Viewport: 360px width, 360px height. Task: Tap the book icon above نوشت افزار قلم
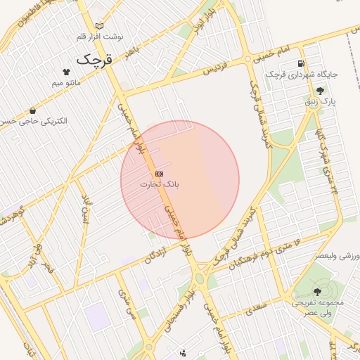pos(99,26)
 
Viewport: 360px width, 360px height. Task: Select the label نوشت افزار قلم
pos(100,36)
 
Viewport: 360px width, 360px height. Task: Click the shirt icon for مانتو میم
pos(67,72)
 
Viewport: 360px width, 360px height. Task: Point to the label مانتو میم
pos(67,83)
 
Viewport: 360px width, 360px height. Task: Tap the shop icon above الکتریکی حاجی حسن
pos(33,110)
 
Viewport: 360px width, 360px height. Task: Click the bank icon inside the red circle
pos(159,173)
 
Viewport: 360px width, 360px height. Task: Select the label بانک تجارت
pos(160,184)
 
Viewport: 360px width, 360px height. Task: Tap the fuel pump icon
pos(302,63)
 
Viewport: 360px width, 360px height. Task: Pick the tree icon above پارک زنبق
pos(320,91)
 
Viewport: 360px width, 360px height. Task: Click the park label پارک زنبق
pos(320,102)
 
